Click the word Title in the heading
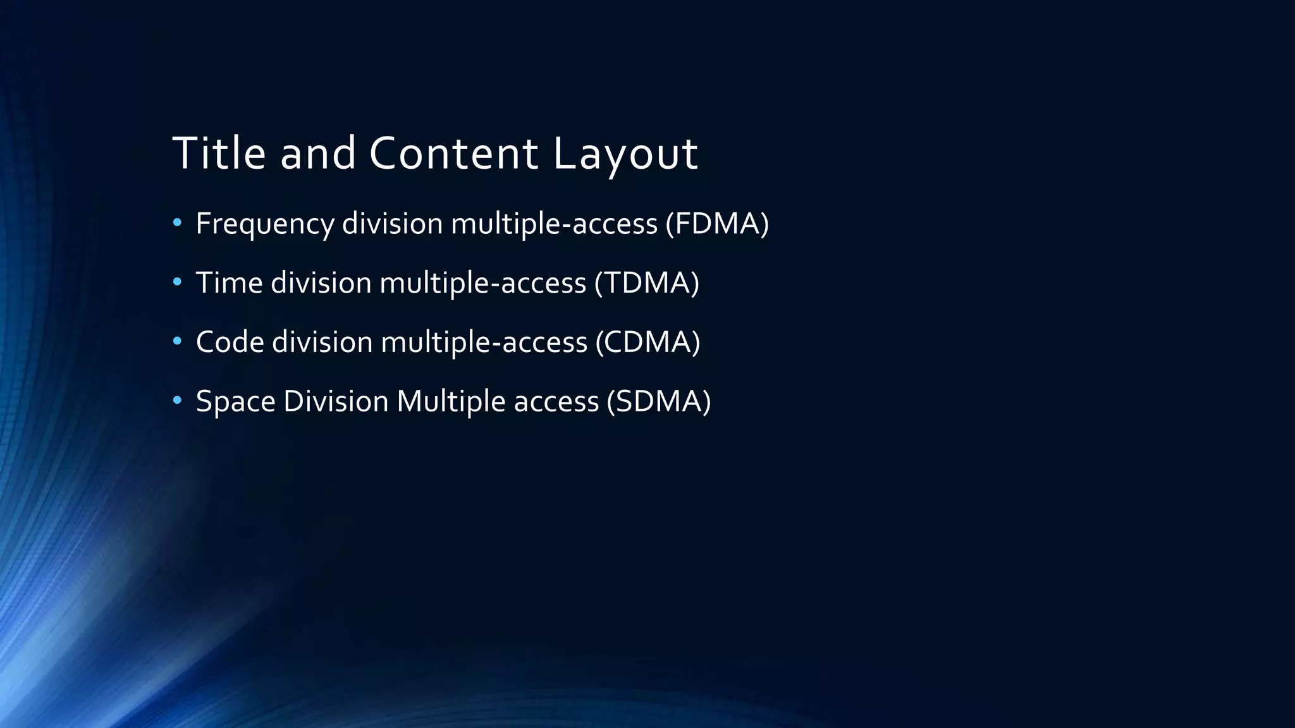click(x=219, y=153)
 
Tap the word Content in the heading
click(x=453, y=153)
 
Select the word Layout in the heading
click(x=625, y=153)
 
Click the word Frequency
click(x=265, y=224)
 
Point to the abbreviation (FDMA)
click(x=717, y=224)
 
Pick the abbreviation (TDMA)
click(x=646, y=282)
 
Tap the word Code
click(x=230, y=342)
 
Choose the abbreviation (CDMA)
click(x=647, y=342)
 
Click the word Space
click(x=235, y=401)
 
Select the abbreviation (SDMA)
click(x=658, y=401)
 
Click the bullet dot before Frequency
click(x=177, y=222)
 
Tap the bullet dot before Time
click(x=177, y=281)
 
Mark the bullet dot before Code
click(x=177, y=341)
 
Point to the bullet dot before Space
click(x=177, y=400)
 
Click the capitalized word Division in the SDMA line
click(x=336, y=401)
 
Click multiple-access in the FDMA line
click(x=554, y=224)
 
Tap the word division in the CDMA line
click(x=322, y=342)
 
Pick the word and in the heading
click(x=318, y=153)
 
